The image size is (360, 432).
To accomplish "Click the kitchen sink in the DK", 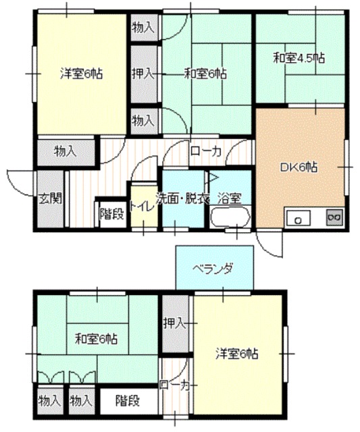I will [297, 218].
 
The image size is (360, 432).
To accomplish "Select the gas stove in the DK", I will [334, 217].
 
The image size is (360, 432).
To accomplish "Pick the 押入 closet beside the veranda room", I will [174, 323].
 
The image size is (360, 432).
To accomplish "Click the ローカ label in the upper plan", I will [206, 151].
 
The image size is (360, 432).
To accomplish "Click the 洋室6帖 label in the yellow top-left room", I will [78, 73].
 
